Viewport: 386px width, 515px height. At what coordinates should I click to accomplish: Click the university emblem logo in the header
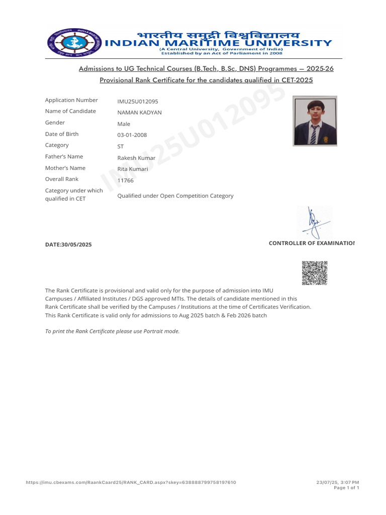(x=72, y=44)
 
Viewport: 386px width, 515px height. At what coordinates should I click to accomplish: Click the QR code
(x=315, y=273)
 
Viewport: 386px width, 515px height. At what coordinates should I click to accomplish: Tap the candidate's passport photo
(x=315, y=121)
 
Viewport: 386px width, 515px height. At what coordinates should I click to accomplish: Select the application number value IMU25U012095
(x=138, y=101)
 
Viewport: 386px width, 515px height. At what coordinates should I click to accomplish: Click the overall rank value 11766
(x=125, y=181)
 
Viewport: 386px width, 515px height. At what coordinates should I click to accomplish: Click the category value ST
(x=121, y=146)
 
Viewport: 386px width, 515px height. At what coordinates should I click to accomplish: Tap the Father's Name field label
(x=64, y=156)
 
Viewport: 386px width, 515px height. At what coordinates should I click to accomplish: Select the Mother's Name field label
(x=65, y=168)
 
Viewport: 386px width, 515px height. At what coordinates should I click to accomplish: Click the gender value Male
(x=124, y=124)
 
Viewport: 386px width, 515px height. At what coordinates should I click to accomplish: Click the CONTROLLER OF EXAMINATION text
(x=312, y=243)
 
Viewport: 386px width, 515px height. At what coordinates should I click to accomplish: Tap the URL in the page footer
(x=131, y=483)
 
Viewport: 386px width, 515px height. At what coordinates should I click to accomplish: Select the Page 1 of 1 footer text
(x=346, y=488)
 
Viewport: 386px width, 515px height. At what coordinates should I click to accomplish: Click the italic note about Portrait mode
(x=112, y=331)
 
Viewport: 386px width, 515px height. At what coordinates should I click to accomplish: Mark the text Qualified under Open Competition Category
(x=175, y=196)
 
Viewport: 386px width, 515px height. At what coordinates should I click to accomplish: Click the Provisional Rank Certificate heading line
(x=206, y=80)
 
